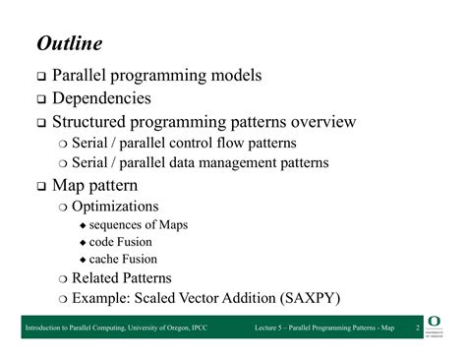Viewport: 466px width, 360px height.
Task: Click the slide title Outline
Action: tap(70, 44)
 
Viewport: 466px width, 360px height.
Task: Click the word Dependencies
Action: tap(101, 98)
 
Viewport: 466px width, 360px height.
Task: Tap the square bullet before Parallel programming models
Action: tap(42, 76)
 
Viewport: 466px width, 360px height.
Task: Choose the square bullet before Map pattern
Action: tap(42, 186)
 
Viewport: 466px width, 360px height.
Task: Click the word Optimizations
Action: tap(115, 207)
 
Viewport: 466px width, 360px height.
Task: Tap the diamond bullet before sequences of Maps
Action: tap(83, 226)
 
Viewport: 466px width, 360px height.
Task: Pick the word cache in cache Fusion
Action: tap(104, 259)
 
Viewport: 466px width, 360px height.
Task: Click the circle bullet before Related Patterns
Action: tap(63, 278)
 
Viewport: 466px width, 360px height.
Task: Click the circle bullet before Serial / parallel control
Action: tap(63, 144)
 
